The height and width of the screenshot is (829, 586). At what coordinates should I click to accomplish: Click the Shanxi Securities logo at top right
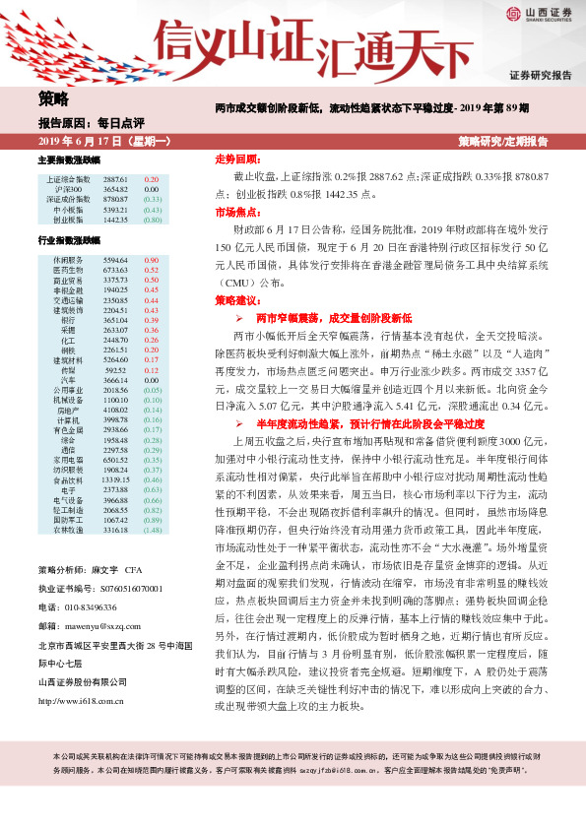pos(539,13)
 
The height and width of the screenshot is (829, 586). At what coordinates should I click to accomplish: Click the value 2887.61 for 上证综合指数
pos(115,180)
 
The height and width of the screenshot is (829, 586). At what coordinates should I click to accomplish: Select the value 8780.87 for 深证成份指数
pos(115,199)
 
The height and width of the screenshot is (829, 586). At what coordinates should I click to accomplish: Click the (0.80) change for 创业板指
pos(152,219)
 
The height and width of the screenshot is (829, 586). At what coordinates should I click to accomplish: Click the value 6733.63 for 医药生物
pos(115,269)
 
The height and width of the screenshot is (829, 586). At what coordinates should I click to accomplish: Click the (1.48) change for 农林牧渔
pos(152,530)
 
